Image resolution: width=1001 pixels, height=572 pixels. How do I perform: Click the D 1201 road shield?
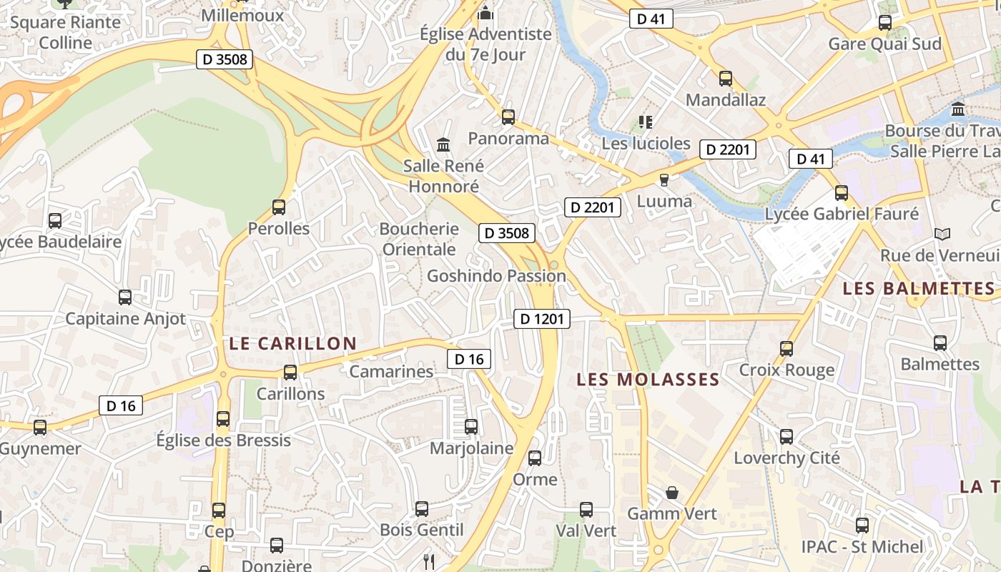[x=541, y=319]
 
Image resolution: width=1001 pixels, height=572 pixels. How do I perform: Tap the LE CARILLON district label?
[x=292, y=344]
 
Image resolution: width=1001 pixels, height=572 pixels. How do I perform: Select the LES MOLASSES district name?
[x=647, y=380]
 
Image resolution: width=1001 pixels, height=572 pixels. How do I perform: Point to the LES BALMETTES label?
[x=918, y=289]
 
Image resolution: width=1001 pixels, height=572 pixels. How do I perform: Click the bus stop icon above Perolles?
[x=279, y=207]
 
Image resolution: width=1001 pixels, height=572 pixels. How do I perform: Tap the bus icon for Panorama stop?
[x=508, y=117]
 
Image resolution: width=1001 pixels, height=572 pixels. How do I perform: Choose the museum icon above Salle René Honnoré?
[x=443, y=145]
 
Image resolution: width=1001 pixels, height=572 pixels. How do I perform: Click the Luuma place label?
[x=664, y=201]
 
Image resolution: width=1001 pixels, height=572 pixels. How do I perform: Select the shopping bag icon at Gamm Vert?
[x=672, y=492]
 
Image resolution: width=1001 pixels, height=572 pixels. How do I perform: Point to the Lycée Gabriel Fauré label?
[x=842, y=214]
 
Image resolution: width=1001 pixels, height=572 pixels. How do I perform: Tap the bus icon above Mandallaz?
[x=726, y=79]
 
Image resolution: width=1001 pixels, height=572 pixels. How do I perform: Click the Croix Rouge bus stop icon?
[x=786, y=348]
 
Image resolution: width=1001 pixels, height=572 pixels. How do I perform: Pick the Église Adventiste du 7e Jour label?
[x=485, y=44]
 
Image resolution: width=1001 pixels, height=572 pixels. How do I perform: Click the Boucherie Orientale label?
[x=419, y=239]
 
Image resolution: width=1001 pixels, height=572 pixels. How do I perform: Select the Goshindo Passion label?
[x=496, y=276]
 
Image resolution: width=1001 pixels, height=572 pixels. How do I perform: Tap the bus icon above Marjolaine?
[x=471, y=427]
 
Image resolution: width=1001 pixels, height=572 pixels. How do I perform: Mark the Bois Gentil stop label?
[x=422, y=531]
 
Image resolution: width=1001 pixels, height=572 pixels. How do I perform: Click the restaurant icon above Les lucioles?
[x=646, y=122]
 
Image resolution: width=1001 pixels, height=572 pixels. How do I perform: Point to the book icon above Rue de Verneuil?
[x=942, y=234]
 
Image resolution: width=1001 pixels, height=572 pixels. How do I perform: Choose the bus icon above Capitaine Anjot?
[x=125, y=297]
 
